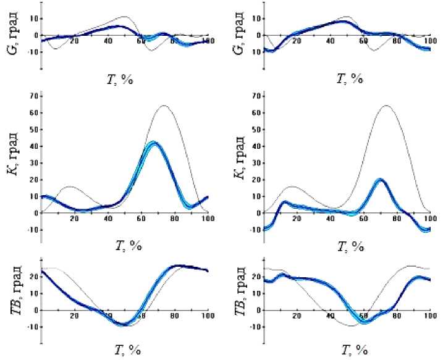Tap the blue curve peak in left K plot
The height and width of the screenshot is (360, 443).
[153, 143]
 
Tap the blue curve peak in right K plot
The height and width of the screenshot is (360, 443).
[380, 179]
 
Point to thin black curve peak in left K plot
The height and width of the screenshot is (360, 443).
[164, 106]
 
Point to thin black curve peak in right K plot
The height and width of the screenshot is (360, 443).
[387, 106]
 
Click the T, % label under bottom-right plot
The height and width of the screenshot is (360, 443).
[352, 350]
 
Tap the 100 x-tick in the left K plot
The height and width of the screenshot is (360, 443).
[208, 219]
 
